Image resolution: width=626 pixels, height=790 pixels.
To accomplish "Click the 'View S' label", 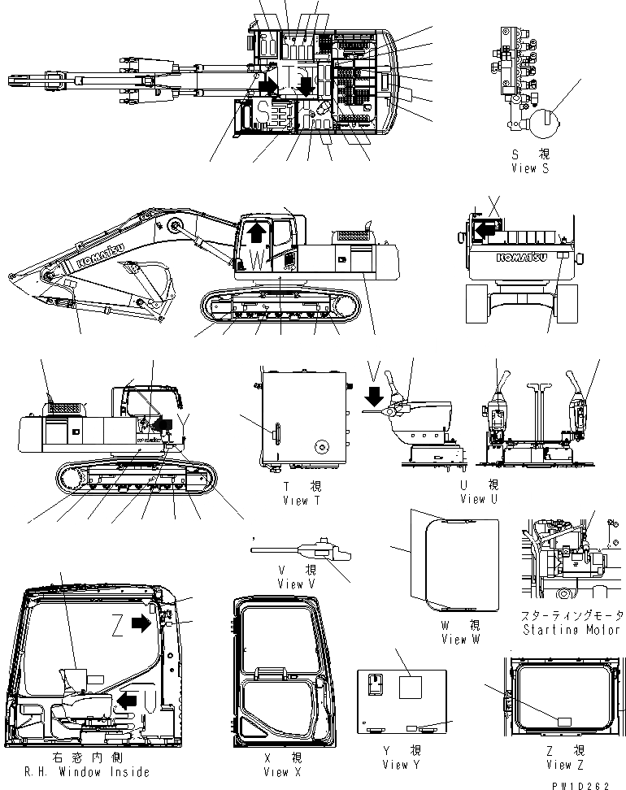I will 530,168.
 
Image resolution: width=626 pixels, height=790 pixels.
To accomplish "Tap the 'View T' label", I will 294,500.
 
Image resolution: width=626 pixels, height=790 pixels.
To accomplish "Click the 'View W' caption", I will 465,639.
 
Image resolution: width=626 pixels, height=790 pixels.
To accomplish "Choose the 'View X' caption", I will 276,772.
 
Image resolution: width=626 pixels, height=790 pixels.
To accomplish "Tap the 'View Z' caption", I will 559,765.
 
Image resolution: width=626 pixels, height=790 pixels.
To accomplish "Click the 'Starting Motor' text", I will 572,629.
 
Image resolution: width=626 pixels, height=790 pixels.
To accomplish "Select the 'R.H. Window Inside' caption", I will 77,772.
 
